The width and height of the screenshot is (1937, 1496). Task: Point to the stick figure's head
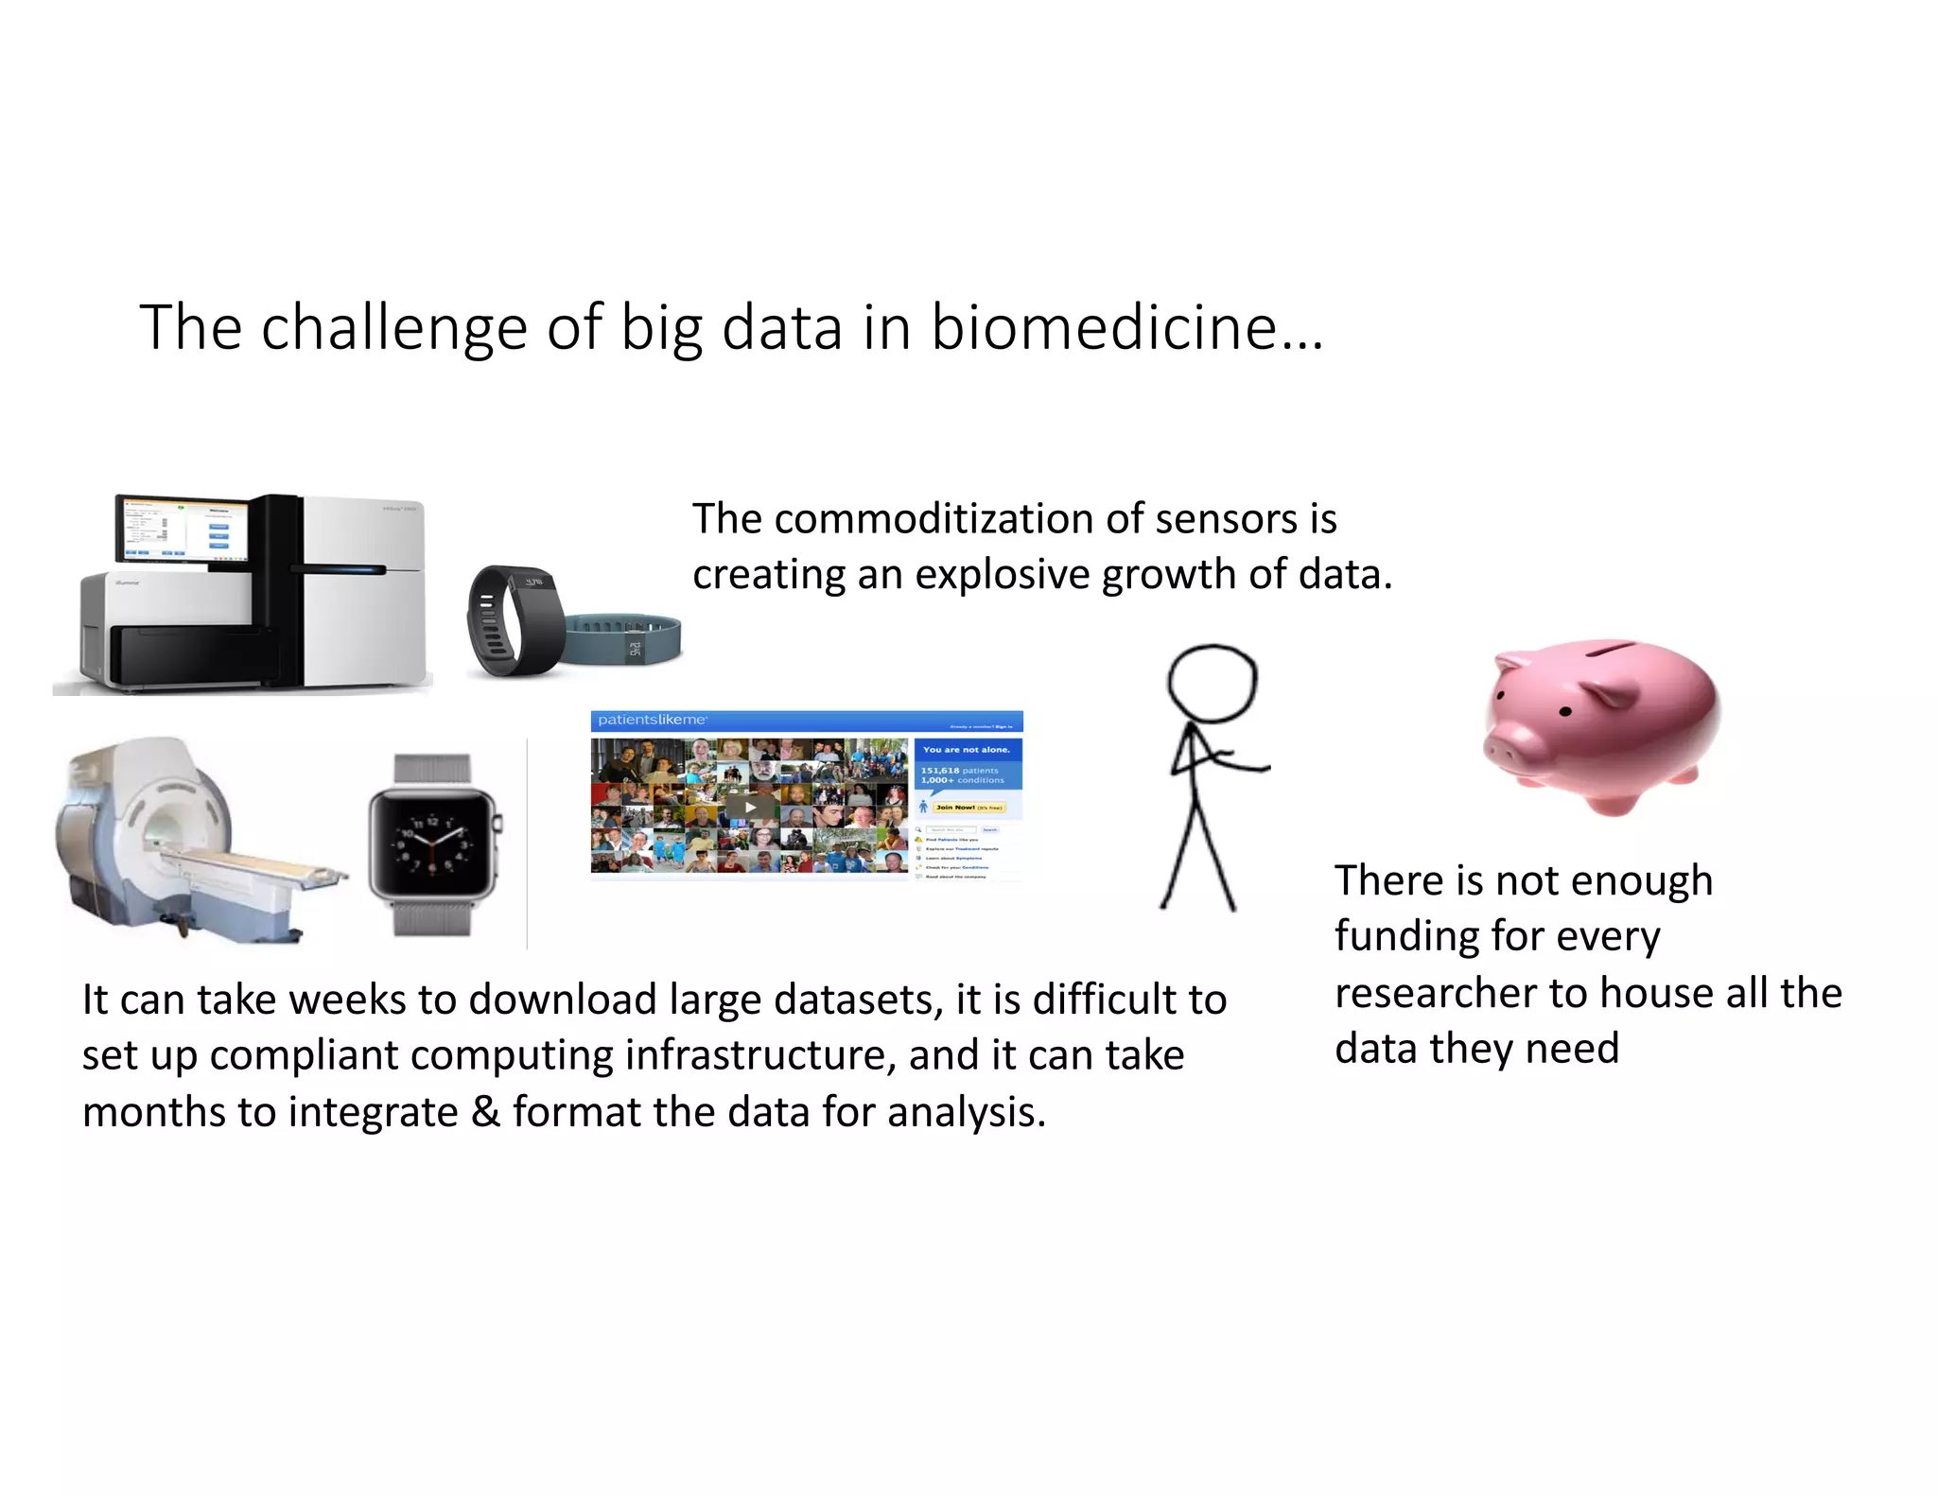(1212, 683)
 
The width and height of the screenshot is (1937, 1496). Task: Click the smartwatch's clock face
(432, 843)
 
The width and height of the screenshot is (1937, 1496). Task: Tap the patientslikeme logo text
(652, 721)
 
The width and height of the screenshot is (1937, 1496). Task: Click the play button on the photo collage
(750, 807)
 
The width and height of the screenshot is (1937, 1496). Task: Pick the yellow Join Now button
(968, 808)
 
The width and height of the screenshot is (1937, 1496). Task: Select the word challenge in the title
(393, 328)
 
